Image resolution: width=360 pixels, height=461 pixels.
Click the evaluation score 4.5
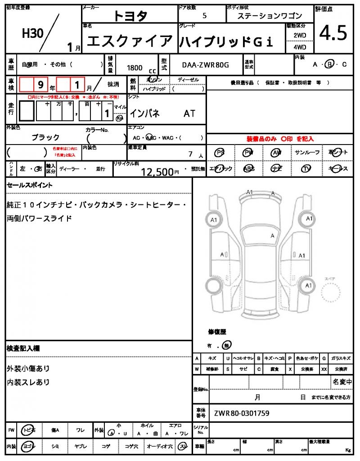coord(333,33)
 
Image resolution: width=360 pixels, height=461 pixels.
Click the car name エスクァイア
coord(130,42)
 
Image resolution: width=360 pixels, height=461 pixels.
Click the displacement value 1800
coord(135,68)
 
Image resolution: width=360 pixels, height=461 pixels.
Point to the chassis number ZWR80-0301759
coord(242,413)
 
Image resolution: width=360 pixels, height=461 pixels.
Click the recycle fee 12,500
coord(157,172)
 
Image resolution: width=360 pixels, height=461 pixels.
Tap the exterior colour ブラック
coord(45,137)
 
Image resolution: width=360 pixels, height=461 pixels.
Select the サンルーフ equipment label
coord(307,153)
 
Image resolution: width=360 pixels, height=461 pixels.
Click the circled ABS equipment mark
coord(248,168)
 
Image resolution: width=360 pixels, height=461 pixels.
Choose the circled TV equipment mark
coord(307,168)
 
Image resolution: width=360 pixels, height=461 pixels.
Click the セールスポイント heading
coord(30,185)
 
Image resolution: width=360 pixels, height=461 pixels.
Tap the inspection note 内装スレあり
coord(28,382)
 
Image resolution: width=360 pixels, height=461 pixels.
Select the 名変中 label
coord(342,382)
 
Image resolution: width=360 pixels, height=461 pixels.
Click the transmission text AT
coord(189,113)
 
